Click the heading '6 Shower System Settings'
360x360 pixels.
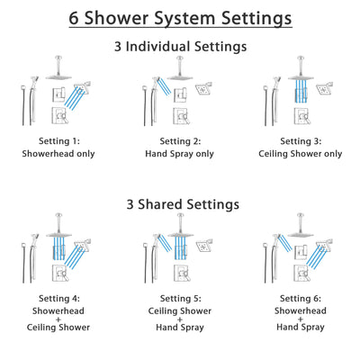tap(180, 17)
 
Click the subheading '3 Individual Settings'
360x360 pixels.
tap(180, 45)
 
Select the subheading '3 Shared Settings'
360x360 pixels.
tap(180, 204)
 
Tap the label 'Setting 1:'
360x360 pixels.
tap(57, 141)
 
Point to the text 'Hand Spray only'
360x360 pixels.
tap(180, 154)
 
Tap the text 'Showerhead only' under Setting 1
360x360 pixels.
tap(57, 154)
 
